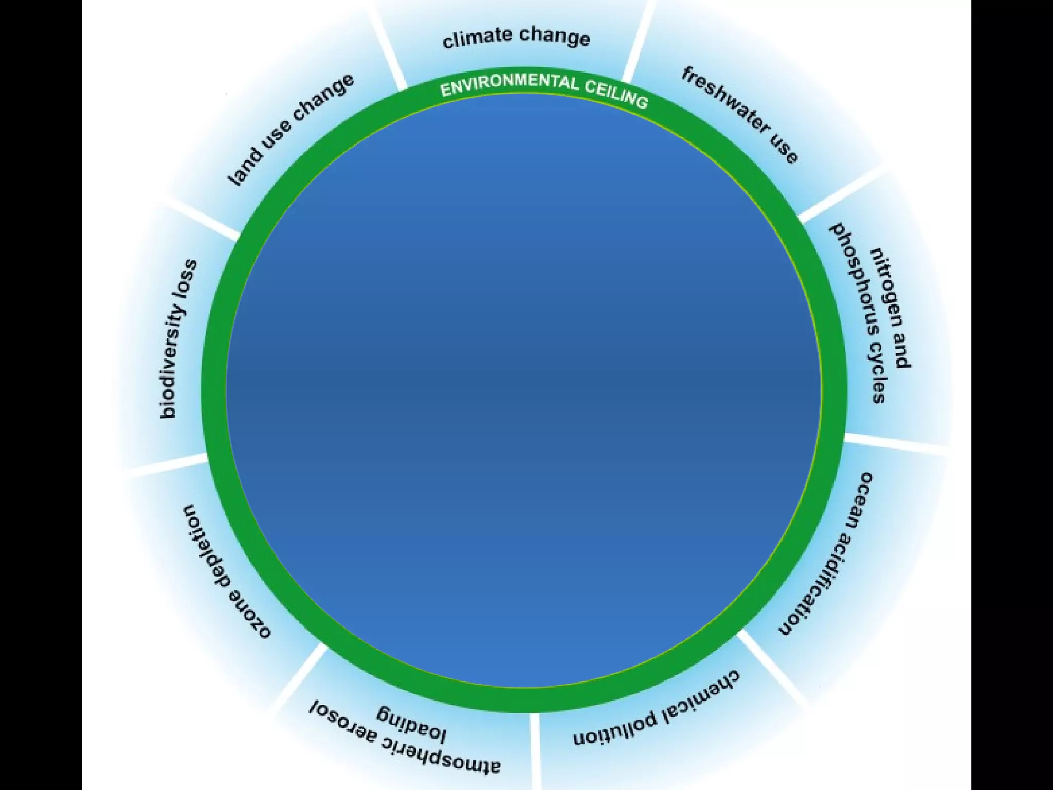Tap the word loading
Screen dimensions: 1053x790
click(411, 723)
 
